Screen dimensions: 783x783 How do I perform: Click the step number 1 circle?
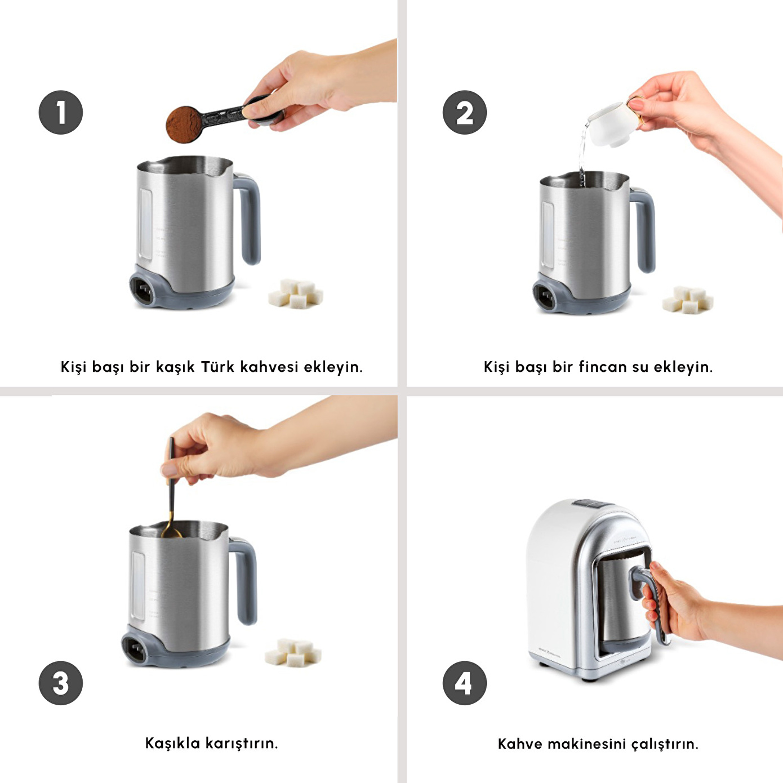(x=60, y=113)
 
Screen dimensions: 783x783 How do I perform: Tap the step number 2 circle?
(x=464, y=113)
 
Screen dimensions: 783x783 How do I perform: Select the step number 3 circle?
(x=60, y=683)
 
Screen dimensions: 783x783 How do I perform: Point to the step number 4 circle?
(x=464, y=683)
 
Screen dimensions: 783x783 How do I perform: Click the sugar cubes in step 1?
(x=296, y=293)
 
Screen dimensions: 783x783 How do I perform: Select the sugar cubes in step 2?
(x=687, y=300)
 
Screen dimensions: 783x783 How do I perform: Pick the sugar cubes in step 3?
(x=292, y=652)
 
